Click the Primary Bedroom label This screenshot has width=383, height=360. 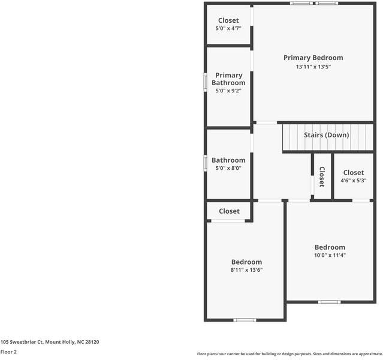[x=313, y=58]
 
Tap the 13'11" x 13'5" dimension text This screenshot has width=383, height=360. [x=313, y=67]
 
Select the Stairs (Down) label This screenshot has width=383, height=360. [x=326, y=135]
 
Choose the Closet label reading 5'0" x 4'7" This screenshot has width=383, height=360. [x=228, y=20]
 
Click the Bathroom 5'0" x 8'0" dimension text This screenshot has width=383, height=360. [x=228, y=169]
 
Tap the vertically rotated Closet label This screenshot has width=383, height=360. [x=321, y=177]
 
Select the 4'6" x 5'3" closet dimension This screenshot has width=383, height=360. [x=353, y=180]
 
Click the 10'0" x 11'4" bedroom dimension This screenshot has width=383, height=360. [x=330, y=255]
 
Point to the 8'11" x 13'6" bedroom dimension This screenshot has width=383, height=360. [x=247, y=270]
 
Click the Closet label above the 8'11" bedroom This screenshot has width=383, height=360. [x=229, y=211]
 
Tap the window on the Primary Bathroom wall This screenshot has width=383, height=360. [x=206, y=81]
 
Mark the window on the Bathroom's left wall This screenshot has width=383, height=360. [x=206, y=161]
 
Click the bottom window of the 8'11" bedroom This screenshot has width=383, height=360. [x=245, y=320]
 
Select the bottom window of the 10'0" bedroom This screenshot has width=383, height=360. [x=328, y=301]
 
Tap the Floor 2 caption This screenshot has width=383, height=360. [x=8, y=352]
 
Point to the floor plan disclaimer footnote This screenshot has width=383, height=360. [x=289, y=354]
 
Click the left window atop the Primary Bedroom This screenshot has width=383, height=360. [x=300, y=3]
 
